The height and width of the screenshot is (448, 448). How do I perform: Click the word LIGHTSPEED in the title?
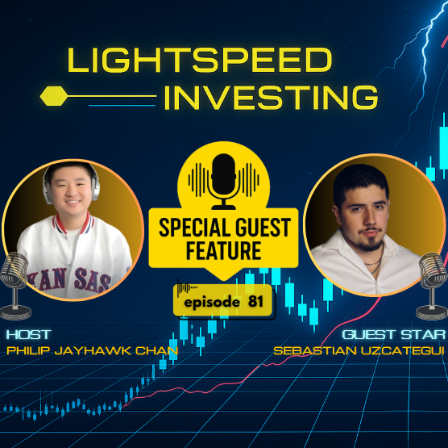[x=200, y=61]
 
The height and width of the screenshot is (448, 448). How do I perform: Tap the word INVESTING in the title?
[x=271, y=98]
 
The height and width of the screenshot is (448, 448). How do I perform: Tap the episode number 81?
[x=257, y=300]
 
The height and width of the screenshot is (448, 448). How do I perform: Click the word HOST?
[x=27, y=334]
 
